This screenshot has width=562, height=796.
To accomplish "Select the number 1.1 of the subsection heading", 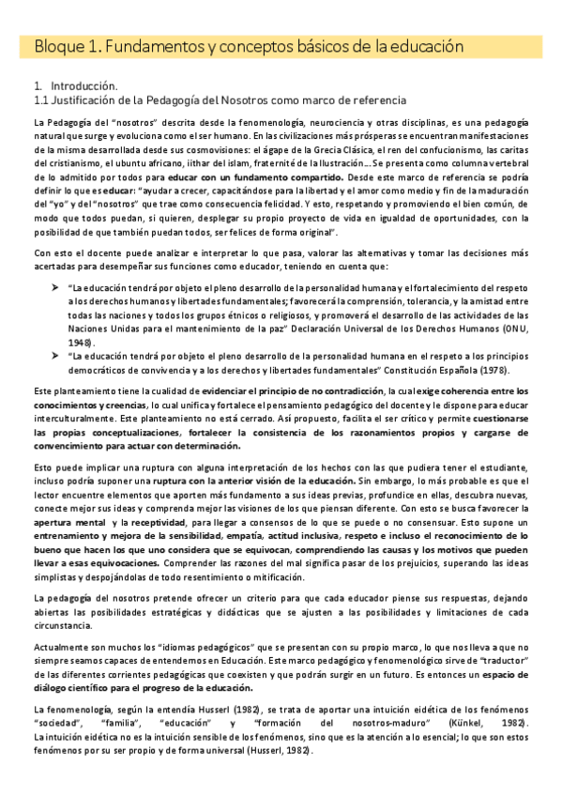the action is [41, 99].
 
